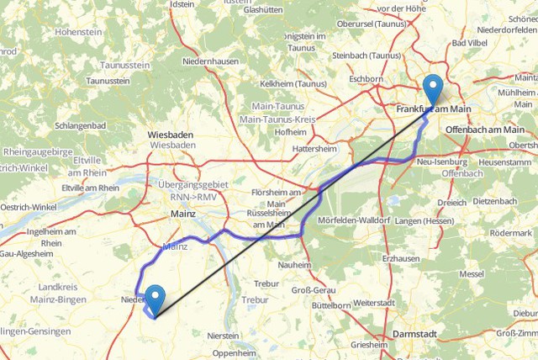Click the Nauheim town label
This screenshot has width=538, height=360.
(294, 264)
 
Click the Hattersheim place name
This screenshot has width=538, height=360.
(314, 148)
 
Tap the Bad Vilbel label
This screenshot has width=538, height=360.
(470, 43)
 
